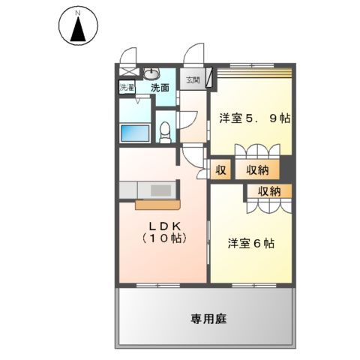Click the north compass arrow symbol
76,31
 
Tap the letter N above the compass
76,13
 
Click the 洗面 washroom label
159,88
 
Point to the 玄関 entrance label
193,78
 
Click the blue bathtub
136,133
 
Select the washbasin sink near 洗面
151,74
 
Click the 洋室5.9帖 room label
254,119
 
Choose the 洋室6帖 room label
250,243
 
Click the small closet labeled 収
221,170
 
